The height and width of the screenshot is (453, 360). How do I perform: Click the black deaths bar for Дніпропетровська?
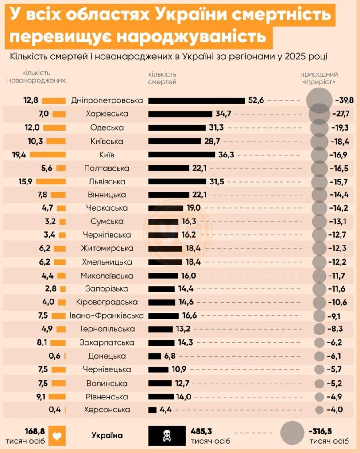click(196, 100)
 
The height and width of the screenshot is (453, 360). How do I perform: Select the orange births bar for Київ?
click(47, 155)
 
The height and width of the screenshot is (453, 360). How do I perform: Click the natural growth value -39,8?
click(345, 100)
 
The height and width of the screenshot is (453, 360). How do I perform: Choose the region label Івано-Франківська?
click(107, 316)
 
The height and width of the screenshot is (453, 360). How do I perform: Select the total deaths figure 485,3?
click(202, 431)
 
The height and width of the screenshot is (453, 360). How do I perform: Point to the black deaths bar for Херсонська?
click(152, 410)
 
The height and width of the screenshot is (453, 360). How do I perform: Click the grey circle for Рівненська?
click(320, 397)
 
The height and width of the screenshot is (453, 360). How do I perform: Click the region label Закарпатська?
click(107, 343)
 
